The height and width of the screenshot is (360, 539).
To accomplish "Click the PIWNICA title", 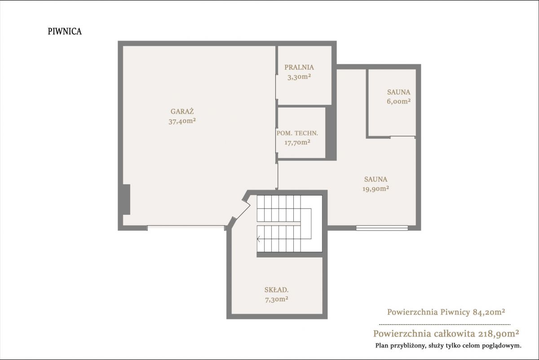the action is [x=65, y=31].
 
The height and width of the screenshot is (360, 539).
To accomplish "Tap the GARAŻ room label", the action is [x=182, y=111].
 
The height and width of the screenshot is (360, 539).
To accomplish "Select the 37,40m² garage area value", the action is [x=182, y=121].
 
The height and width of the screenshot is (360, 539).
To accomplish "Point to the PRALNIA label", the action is [x=299, y=67].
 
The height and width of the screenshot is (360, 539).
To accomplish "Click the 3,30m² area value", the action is [x=299, y=77].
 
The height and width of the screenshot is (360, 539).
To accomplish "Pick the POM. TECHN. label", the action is [x=297, y=133].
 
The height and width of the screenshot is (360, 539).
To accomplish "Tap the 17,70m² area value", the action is [x=297, y=142].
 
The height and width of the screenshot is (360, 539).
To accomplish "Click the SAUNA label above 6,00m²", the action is [x=399, y=92].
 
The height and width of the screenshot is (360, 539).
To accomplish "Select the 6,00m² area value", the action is [x=399, y=102].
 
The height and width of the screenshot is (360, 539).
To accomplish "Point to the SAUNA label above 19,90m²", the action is [x=376, y=179].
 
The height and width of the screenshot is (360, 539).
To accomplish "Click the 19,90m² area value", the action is [x=376, y=189].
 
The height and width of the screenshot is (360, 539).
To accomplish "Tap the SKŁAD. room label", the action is [x=277, y=290].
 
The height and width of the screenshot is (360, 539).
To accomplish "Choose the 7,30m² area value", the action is [x=277, y=299].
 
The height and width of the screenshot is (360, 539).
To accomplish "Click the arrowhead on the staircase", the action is [x=258, y=239].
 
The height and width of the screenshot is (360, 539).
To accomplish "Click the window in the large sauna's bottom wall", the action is [x=382, y=228].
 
